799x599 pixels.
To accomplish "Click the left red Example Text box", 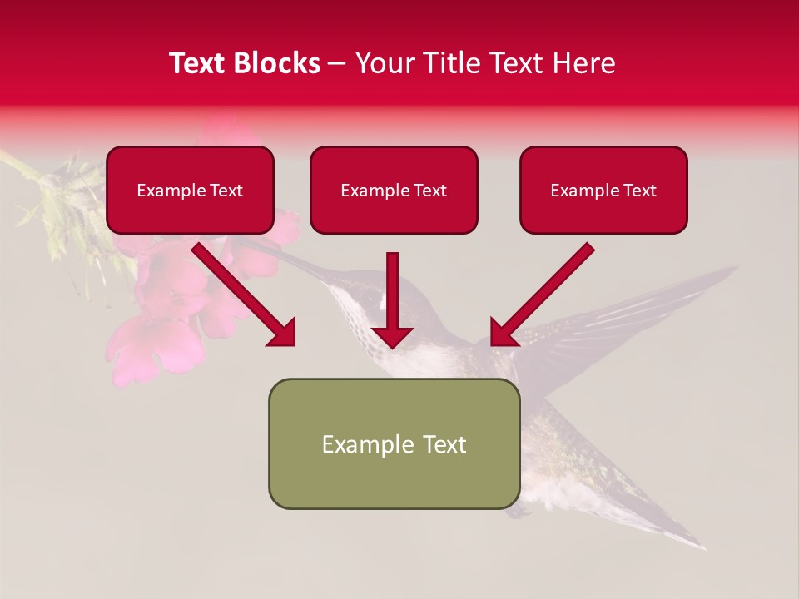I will (190, 191).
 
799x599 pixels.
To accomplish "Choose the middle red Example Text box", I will (394, 191).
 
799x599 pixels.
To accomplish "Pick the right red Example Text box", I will (603, 191).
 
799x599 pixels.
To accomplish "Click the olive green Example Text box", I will (394, 444).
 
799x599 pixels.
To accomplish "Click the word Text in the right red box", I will (639, 191).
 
